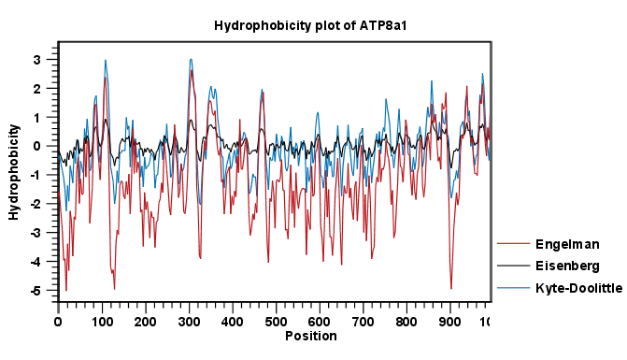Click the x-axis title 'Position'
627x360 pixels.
tap(310, 336)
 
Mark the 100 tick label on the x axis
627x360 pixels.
tap(101, 322)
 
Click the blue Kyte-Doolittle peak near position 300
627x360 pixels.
tap(191, 60)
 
